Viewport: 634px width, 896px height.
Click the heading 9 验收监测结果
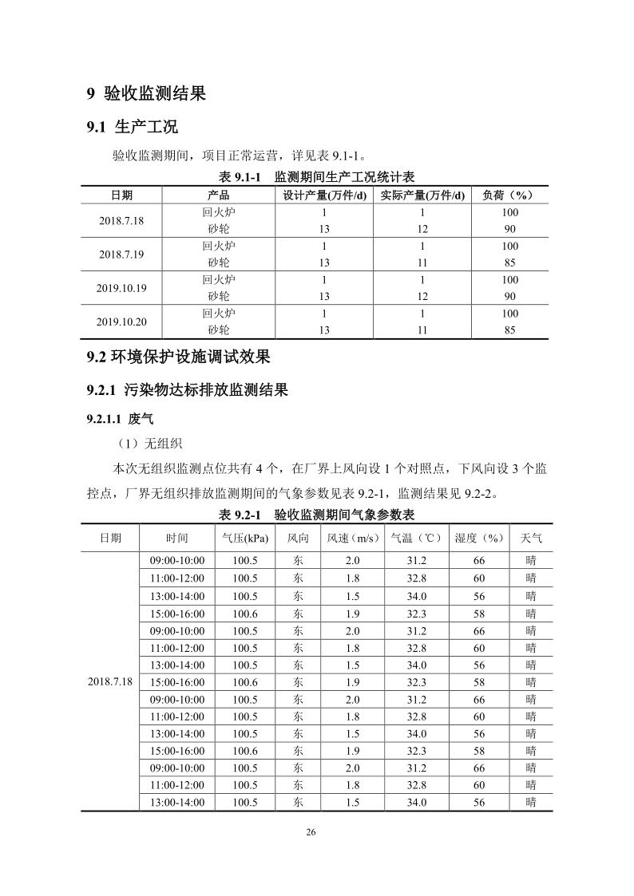tap(146, 94)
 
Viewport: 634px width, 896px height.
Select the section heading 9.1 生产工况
tap(132, 127)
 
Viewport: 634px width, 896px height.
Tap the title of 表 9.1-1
tap(317, 176)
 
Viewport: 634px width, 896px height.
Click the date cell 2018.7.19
tap(121, 255)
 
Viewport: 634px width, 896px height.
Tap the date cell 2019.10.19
tap(121, 288)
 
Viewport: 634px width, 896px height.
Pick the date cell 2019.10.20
tap(121, 322)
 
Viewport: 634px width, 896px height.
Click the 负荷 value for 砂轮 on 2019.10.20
tap(509, 330)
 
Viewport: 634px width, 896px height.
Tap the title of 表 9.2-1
tap(317, 514)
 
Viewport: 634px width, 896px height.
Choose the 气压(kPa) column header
tap(245, 539)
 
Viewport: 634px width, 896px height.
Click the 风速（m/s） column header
tap(352, 539)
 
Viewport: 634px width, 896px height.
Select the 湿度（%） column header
tap(479, 539)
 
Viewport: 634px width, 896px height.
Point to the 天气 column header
tap(531, 539)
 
